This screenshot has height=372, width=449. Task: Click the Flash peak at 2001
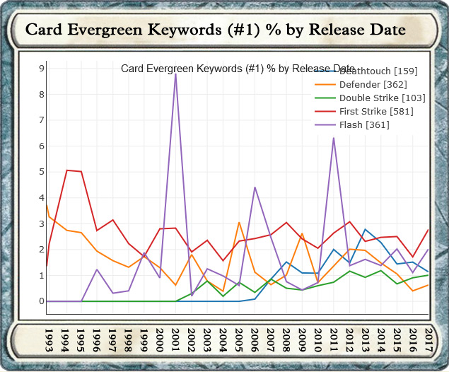175,74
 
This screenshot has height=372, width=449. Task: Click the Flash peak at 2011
333,138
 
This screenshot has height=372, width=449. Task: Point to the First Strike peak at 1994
66,170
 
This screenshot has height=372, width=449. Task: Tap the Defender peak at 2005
239,222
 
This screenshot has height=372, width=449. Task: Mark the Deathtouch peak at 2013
365,229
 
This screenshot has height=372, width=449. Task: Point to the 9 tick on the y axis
42,69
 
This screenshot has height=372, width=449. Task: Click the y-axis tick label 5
42,172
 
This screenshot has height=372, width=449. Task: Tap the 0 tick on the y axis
42,301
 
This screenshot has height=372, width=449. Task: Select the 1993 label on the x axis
49,339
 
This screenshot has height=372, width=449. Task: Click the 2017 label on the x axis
428,339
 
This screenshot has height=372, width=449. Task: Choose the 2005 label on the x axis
239,339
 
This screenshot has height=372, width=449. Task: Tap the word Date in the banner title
385,30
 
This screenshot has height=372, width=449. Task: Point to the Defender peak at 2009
302,233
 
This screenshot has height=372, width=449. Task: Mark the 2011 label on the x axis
334,339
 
